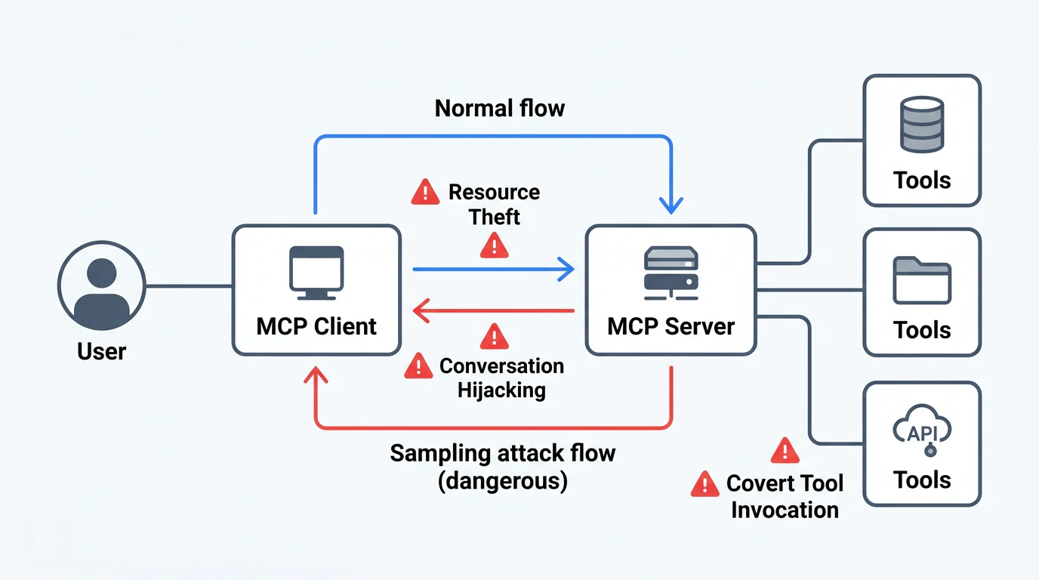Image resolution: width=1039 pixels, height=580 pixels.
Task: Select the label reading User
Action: click(x=102, y=351)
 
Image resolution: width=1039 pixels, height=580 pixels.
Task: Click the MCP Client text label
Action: click(x=316, y=326)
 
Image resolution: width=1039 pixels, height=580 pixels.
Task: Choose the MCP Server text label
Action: click(x=671, y=326)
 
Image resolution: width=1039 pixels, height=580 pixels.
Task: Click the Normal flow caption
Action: click(x=500, y=108)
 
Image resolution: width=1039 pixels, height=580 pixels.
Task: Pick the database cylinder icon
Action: click(x=922, y=124)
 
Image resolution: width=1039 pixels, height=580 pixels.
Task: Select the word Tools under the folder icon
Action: click(x=922, y=330)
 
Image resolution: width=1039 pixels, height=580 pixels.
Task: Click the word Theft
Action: click(x=495, y=217)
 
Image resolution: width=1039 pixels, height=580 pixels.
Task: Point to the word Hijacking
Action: click(x=501, y=390)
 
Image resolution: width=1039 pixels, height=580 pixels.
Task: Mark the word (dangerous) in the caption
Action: click(x=503, y=481)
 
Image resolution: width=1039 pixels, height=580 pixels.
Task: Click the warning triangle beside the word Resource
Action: click(x=425, y=192)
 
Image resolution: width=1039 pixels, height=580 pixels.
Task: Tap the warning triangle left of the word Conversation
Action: click(x=418, y=366)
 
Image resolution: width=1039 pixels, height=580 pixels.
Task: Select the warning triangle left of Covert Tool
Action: click(x=704, y=483)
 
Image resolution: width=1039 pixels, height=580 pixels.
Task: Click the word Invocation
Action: click(x=785, y=510)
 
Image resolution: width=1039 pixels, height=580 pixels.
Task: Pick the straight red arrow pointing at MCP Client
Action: click(x=495, y=310)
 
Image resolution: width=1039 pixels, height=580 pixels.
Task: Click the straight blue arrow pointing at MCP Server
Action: click(x=495, y=268)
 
